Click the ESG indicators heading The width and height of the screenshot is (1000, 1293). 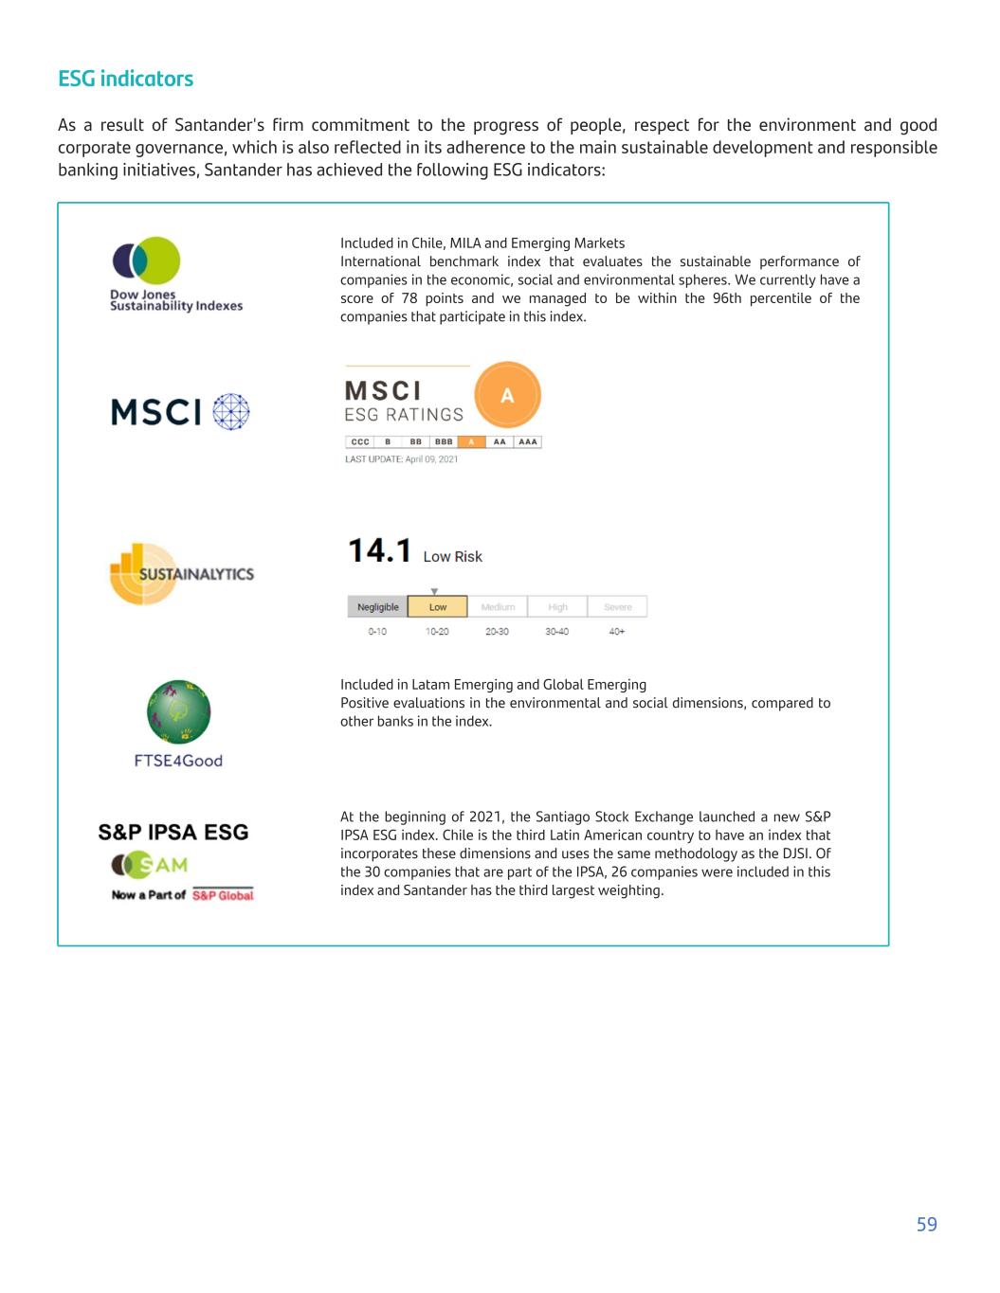[125, 79]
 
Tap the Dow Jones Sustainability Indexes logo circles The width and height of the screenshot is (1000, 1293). [146, 260]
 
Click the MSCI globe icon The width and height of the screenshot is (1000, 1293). [231, 412]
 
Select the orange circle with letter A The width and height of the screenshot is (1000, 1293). [507, 395]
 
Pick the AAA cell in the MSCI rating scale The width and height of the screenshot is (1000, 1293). [528, 441]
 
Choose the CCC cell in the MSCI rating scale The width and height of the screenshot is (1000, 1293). [360, 441]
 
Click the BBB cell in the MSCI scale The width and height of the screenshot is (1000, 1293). [444, 441]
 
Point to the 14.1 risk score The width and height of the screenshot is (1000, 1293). [379, 551]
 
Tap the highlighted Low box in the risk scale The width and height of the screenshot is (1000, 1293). [438, 607]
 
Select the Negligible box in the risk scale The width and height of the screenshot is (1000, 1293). [377, 607]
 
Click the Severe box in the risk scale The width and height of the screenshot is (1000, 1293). [617, 607]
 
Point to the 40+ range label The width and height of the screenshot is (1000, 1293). [617, 632]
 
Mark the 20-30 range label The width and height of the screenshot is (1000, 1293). [497, 632]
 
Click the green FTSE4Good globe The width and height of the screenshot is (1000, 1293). [178, 711]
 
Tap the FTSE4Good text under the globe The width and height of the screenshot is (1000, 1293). [178, 761]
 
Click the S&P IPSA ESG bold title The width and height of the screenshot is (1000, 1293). [173, 833]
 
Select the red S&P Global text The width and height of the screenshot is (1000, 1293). [223, 895]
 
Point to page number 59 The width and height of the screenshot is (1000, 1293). [926, 1224]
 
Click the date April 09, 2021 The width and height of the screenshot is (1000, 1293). [431, 459]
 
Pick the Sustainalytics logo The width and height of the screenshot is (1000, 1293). [181, 574]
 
